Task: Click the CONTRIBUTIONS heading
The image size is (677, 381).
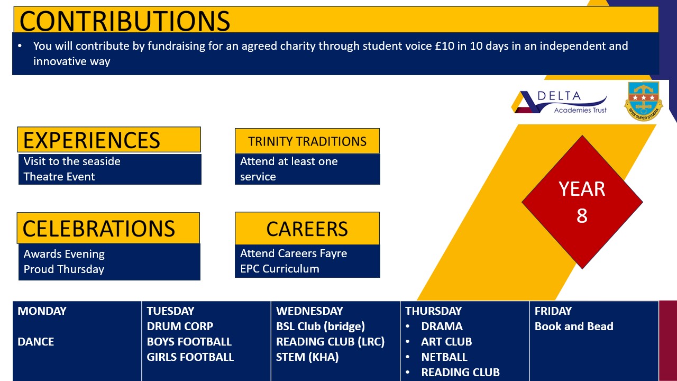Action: [125, 21]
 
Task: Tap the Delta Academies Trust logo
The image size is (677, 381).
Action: [560, 103]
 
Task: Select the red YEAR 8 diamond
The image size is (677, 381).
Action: [582, 202]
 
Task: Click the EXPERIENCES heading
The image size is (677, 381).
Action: [92, 140]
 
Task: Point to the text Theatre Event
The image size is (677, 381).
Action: [59, 177]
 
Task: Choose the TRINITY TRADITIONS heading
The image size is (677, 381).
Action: [307, 141]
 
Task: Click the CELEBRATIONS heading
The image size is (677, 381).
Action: [99, 229]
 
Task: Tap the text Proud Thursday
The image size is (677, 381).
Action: [64, 269]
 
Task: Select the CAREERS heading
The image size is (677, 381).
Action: [307, 229]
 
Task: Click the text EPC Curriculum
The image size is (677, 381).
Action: [280, 268]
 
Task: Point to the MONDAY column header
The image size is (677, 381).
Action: [42, 311]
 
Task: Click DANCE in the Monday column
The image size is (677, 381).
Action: [35, 342]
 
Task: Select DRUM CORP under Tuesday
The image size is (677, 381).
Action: [180, 326]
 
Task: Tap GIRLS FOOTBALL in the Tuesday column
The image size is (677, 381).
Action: [190, 357]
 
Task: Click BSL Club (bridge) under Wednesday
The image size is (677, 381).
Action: [321, 326]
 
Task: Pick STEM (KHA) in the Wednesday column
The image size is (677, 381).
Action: [307, 357]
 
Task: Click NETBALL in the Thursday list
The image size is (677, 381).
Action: [444, 357]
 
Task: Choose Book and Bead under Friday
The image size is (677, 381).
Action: [574, 326]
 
